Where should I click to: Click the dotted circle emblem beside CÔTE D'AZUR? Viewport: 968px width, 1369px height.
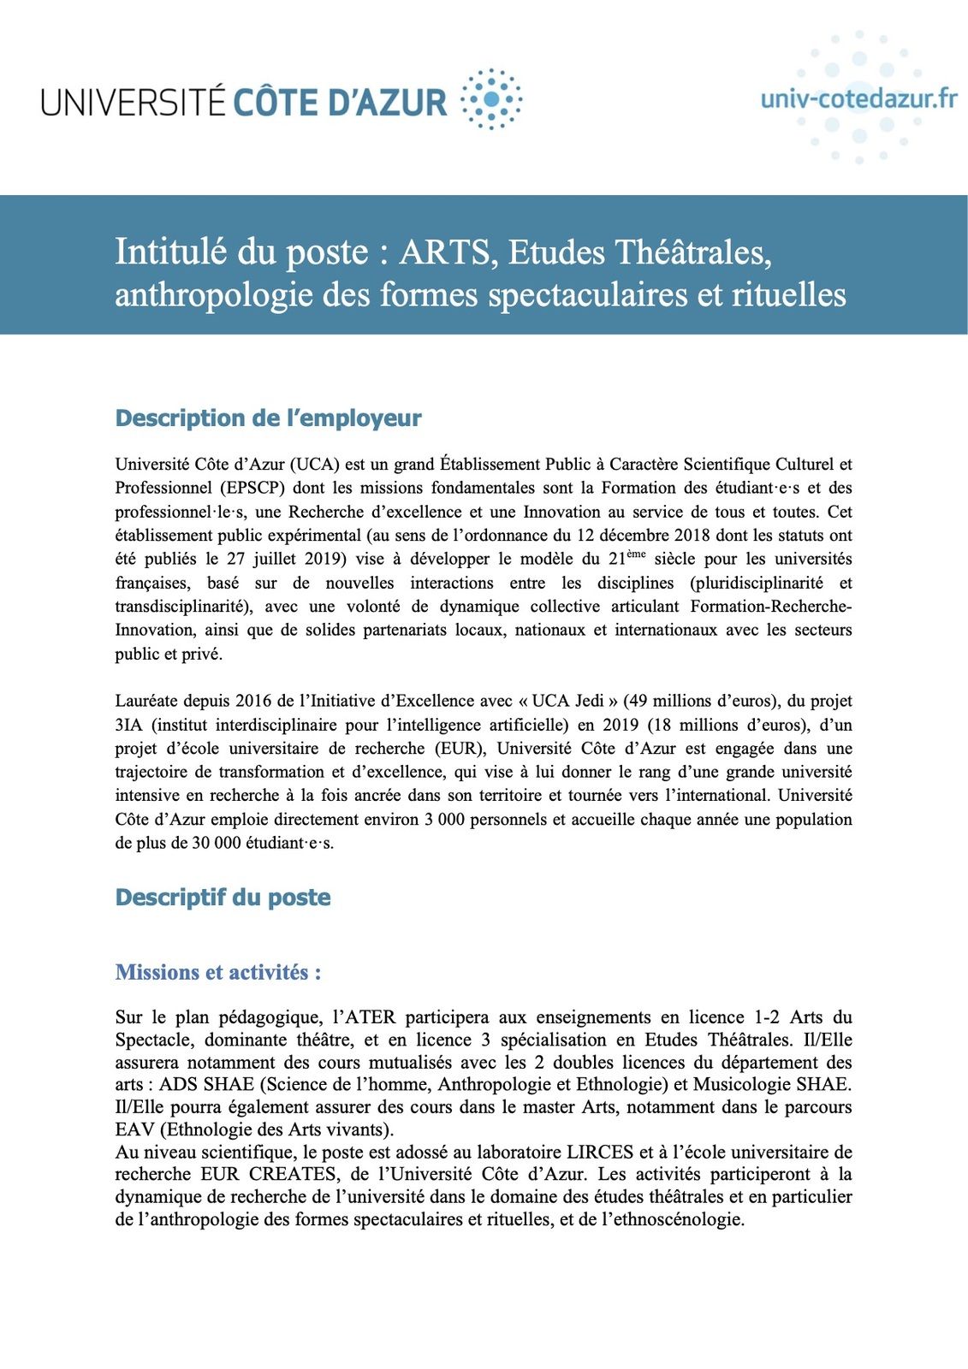(491, 99)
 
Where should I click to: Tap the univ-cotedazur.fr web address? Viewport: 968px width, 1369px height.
(858, 98)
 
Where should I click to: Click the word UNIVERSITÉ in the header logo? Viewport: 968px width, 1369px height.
(133, 101)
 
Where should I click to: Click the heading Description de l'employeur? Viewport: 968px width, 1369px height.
(268, 418)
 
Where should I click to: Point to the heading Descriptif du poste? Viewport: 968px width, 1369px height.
(223, 898)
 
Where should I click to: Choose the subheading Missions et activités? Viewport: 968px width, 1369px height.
(217, 973)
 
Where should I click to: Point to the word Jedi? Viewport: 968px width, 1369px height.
(590, 702)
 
